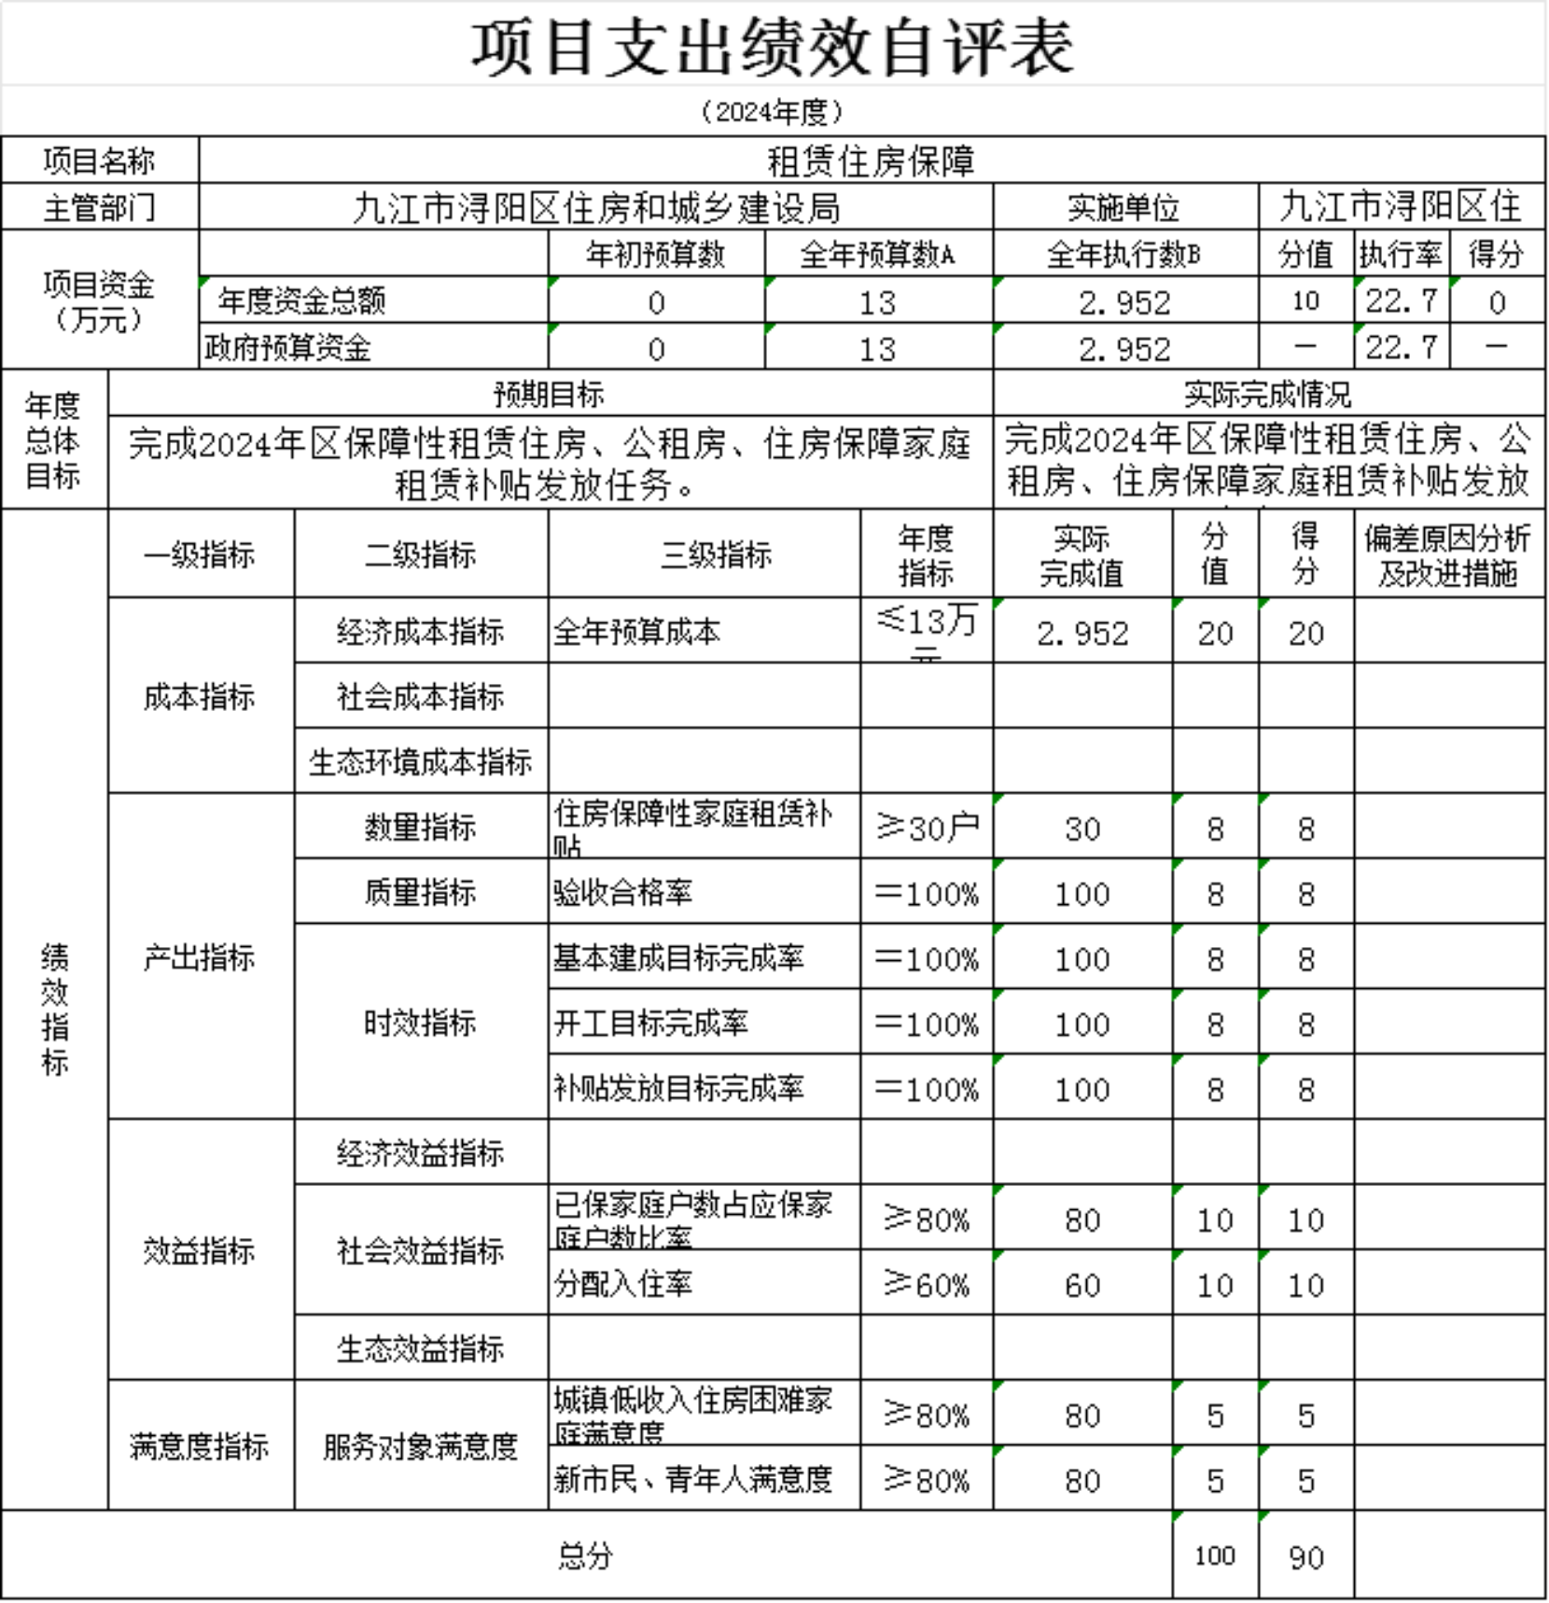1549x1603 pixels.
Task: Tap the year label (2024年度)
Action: pyautogui.click(x=773, y=112)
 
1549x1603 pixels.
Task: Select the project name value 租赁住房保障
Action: pyautogui.click(x=871, y=161)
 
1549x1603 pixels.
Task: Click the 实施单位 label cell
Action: pyautogui.click(x=1124, y=207)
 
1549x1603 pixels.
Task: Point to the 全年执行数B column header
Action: pyautogui.click(x=1124, y=254)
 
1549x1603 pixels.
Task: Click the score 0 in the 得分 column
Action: pyautogui.click(x=1497, y=302)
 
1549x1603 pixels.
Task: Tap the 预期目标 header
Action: pyautogui.click(x=550, y=395)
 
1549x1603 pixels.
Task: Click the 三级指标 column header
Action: pyautogui.click(x=716, y=555)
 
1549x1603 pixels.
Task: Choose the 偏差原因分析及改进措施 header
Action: pyautogui.click(x=1448, y=555)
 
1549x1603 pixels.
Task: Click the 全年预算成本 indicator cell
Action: pyautogui.click(x=637, y=633)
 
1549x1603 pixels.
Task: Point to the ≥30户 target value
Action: pyautogui.click(x=928, y=828)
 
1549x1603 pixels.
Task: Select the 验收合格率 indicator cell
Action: pyautogui.click(x=623, y=893)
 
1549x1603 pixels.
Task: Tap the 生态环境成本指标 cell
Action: pyautogui.click(x=420, y=762)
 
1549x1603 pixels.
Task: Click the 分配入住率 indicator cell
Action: pyautogui.click(x=623, y=1285)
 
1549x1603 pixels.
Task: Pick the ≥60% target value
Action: pyautogui.click(x=928, y=1285)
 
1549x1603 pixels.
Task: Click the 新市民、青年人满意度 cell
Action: pyautogui.click(x=692, y=1479)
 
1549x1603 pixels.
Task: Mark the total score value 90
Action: pyautogui.click(x=1305, y=1556)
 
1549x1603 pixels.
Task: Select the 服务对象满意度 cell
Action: pyautogui.click(x=420, y=1446)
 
